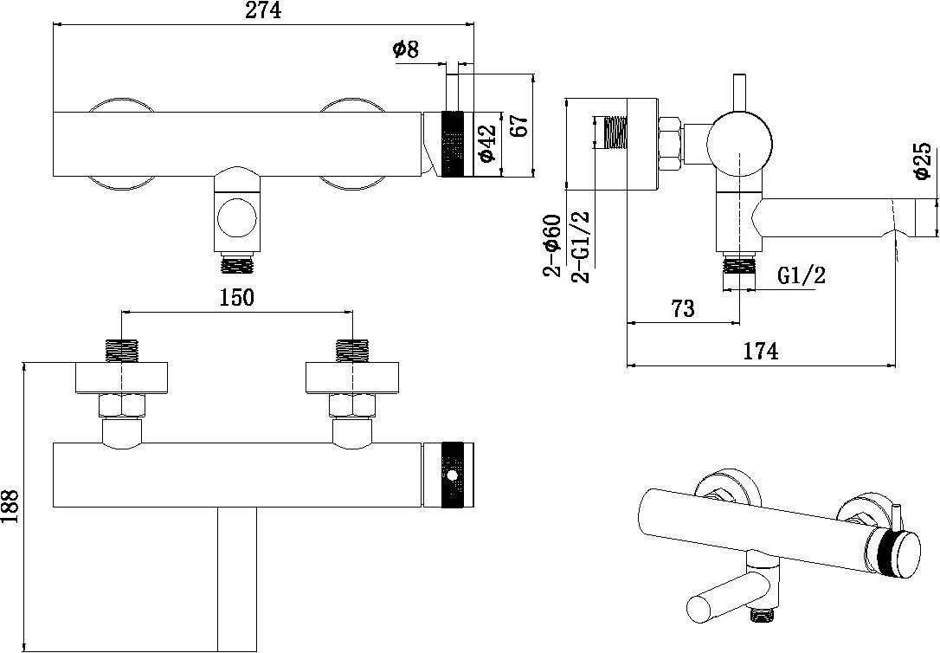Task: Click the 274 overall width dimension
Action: click(264, 10)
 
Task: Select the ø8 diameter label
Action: click(407, 48)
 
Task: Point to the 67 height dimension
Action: click(519, 125)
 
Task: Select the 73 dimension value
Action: click(682, 308)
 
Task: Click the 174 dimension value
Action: click(761, 351)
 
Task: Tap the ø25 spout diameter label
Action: click(922, 161)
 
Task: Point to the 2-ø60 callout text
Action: click(552, 245)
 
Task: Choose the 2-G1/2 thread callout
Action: click(580, 247)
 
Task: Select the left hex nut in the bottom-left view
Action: click(122, 406)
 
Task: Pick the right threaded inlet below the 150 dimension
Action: click(352, 351)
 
